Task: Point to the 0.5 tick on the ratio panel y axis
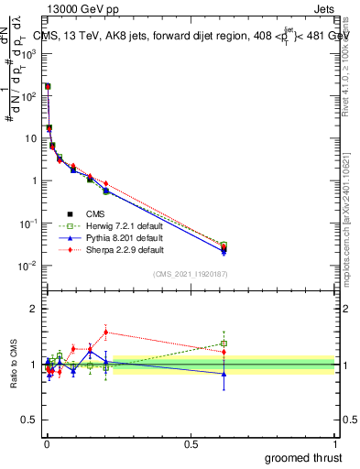pos(32,421)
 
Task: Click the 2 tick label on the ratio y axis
pos(34,309)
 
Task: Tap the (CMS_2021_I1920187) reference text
pos(191,273)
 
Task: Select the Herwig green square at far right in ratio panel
pos(224,344)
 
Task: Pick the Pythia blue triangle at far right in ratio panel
pos(224,373)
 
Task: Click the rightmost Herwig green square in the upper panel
pos(224,245)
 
